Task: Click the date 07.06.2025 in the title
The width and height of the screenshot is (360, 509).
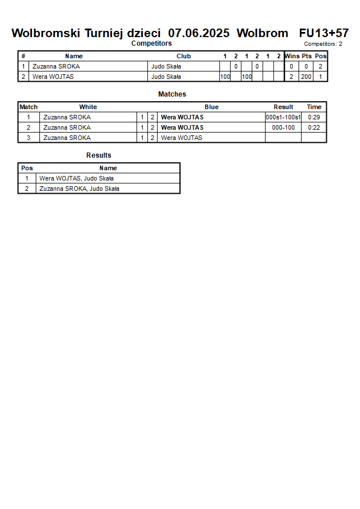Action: (199, 33)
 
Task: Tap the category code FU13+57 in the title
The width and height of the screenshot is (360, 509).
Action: (324, 33)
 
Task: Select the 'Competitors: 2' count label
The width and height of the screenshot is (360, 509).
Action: (323, 44)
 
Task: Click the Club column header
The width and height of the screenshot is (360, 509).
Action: (183, 56)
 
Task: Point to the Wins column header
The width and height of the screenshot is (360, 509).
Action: (292, 56)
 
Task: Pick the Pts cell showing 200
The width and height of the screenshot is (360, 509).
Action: (306, 77)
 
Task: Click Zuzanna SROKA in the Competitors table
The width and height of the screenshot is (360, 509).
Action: (56, 66)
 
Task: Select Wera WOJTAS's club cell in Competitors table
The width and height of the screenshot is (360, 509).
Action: (166, 77)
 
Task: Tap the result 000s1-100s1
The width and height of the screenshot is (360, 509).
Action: (283, 118)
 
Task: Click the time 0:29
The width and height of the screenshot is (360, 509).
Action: (314, 118)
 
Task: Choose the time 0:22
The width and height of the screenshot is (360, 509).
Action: (314, 127)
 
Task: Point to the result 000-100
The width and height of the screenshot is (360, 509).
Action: (283, 127)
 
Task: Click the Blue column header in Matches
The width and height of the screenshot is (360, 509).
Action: (211, 107)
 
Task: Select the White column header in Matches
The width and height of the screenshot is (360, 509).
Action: (88, 107)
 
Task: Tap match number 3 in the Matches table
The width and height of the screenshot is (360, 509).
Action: (29, 138)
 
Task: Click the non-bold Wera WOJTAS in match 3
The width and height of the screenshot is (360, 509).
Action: (182, 138)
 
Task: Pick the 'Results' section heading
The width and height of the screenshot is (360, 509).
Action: (99, 155)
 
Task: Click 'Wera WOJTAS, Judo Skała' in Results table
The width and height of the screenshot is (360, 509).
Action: (77, 178)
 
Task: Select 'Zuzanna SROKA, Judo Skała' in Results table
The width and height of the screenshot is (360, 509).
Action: (79, 189)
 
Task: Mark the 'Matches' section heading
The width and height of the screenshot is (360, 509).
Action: (172, 94)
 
